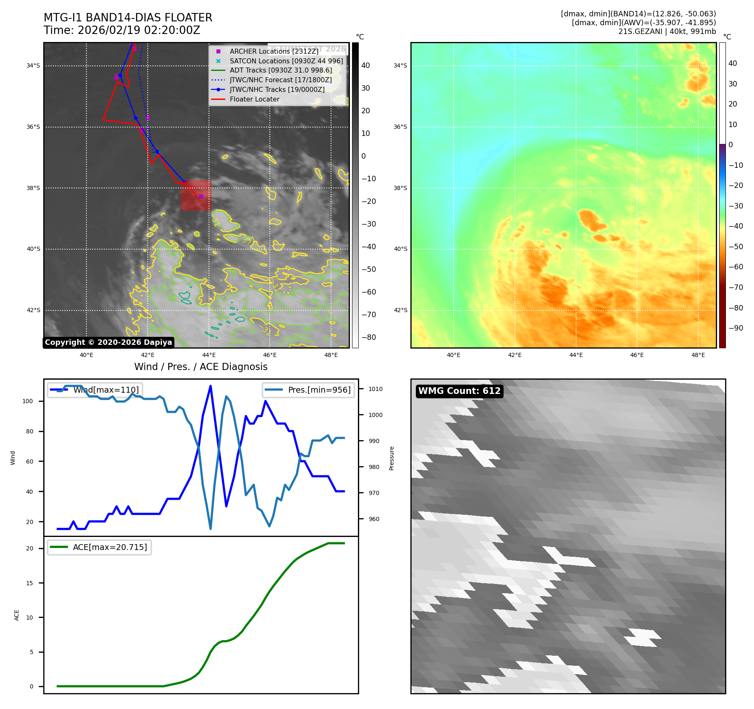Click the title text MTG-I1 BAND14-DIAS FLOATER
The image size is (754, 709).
[x=128, y=18]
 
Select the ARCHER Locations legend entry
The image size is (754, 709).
[x=274, y=51]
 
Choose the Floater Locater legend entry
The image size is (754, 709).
[x=254, y=99]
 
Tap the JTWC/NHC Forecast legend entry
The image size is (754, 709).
[x=280, y=80]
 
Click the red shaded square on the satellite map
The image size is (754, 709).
[x=196, y=195]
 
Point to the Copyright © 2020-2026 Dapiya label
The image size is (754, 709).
[x=108, y=342]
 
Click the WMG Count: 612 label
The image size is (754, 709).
[x=459, y=391]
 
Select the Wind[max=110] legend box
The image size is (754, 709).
[x=95, y=390]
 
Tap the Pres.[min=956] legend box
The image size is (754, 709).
[x=308, y=390]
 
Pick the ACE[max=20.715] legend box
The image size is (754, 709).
[x=99, y=547]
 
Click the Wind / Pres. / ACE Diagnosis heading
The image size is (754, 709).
[x=201, y=367]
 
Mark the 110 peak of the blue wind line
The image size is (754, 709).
[x=210, y=386]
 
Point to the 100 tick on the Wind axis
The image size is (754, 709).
[x=28, y=401]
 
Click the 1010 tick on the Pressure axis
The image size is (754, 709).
[x=376, y=389]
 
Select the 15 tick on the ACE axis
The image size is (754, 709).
[x=29, y=583]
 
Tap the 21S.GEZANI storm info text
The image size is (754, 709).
[x=667, y=31]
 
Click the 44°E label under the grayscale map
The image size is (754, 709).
[x=209, y=355]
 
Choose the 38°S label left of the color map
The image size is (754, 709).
[x=400, y=188]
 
